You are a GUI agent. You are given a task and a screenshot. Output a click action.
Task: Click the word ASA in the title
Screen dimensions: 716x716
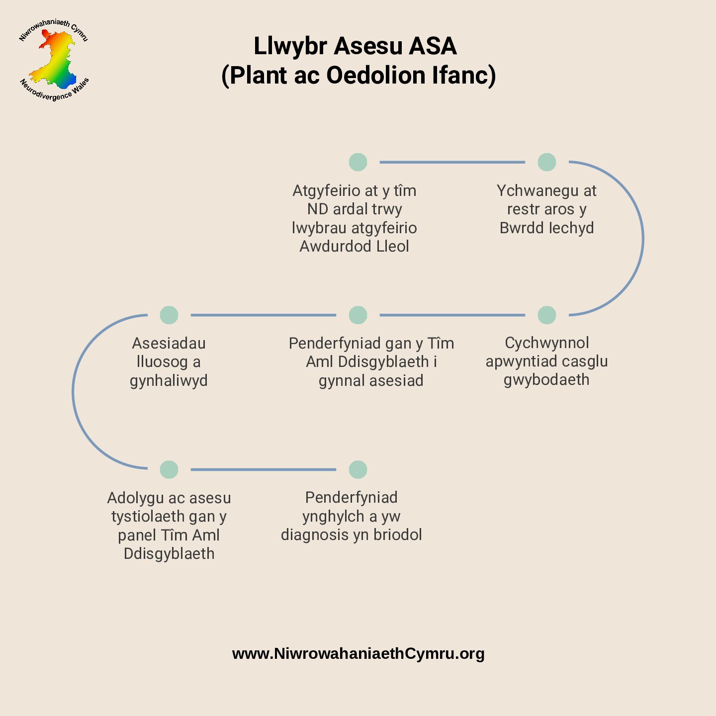pos(433,46)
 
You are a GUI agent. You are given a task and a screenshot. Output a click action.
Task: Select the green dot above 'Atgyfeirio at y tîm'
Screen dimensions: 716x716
pos(358,162)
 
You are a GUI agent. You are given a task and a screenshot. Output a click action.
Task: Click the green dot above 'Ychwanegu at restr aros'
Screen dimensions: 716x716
pos(547,162)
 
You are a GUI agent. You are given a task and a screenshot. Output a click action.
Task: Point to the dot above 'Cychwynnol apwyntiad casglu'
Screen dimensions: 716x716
pos(547,315)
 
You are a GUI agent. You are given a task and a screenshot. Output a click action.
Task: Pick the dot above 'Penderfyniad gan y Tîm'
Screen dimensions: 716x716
pos(358,315)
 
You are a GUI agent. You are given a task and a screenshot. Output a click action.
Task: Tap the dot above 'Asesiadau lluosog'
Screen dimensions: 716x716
pos(169,315)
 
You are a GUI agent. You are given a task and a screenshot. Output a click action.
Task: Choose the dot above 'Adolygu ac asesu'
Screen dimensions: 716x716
pos(169,469)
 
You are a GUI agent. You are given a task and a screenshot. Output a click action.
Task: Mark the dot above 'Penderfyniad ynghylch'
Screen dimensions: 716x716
pos(358,469)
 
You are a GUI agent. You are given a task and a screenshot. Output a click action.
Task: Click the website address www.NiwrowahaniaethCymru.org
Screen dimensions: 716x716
pos(358,653)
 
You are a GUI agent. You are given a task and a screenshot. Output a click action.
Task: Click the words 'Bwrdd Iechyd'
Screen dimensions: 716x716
pos(546,228)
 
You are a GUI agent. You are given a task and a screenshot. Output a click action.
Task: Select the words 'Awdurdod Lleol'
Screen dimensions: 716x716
pos(354,246)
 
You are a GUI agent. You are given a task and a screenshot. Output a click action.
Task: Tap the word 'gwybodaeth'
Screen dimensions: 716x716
pos(546,380)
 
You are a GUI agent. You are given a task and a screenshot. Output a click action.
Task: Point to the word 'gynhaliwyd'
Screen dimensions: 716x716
pos(169,381)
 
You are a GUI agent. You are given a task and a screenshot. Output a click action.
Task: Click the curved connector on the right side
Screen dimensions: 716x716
pos(642,239)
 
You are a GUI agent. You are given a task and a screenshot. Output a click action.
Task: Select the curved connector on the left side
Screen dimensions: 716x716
pos(73,392)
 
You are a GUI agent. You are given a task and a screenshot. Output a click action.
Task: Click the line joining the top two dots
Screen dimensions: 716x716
pos(452,162)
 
